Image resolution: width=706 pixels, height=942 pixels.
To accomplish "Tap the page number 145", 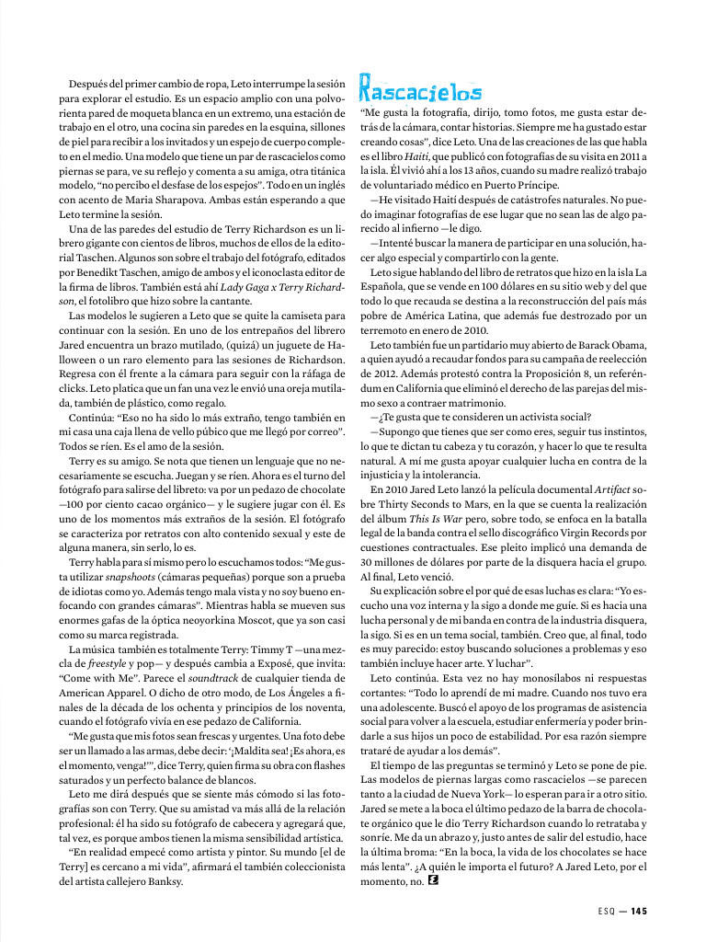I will [x=639, y=912].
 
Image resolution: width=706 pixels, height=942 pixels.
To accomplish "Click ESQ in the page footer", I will [x=598, y=912].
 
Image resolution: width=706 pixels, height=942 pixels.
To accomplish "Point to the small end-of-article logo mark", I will [x=433, y=881].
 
